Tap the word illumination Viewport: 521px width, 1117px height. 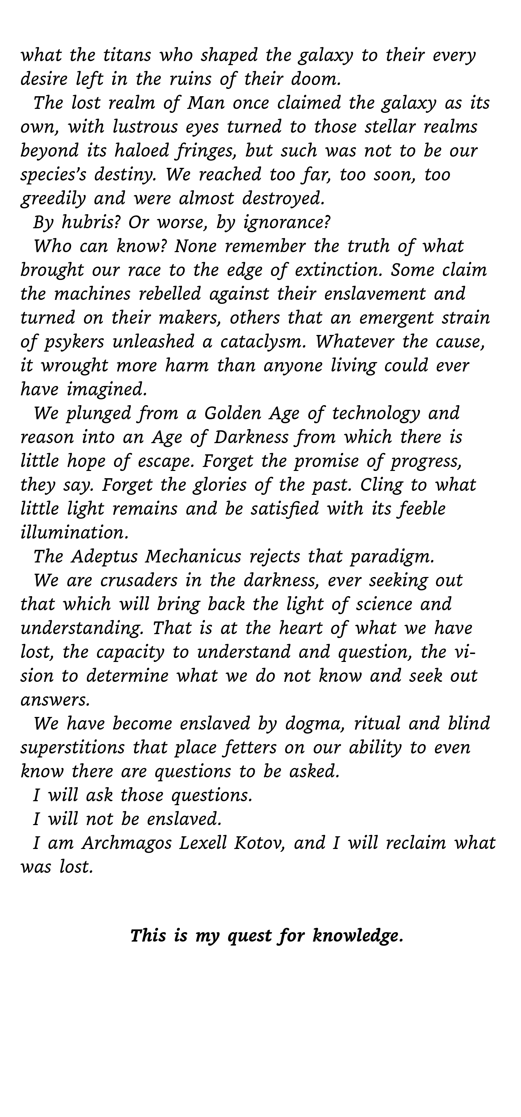tap(75, 532)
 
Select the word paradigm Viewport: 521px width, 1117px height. tap(392, 556)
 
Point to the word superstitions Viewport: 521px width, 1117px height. tap(72, 747)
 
